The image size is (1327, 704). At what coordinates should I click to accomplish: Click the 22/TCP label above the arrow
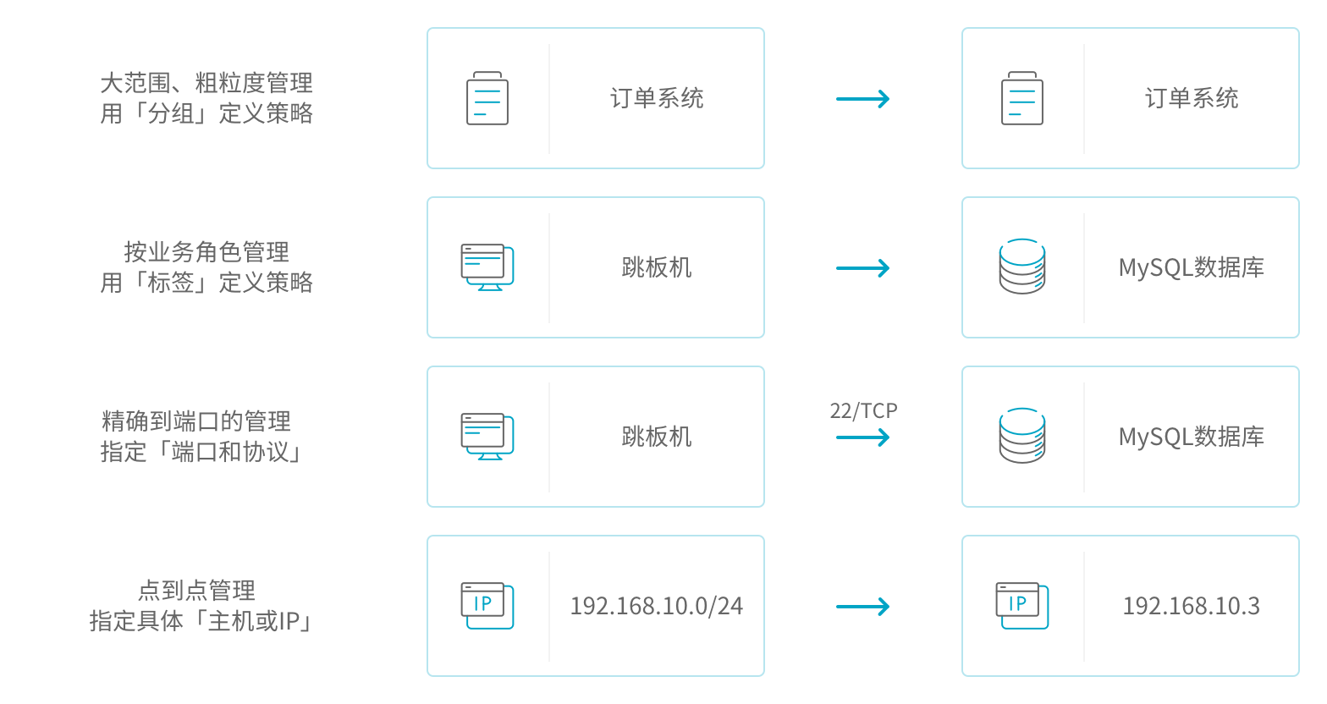(863, 411)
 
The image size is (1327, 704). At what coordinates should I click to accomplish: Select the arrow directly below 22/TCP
(863, 437)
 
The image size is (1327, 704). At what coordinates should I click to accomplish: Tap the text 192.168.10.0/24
(656, 606)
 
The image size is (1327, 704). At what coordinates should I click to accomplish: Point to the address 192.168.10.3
(1191, 606)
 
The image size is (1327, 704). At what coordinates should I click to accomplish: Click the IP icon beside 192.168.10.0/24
(487, 605)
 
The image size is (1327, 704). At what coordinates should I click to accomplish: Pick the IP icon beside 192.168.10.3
(1021, 605)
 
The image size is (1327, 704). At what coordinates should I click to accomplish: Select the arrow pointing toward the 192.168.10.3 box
(863, 607)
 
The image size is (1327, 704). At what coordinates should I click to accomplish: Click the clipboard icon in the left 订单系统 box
(487, 98)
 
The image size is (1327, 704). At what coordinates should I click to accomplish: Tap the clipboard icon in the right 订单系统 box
(1022, 98)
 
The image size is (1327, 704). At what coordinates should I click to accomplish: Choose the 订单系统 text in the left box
(657, 98)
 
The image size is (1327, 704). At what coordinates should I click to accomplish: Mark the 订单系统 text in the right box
(1192, 98)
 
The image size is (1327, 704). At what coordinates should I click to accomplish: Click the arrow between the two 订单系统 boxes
(863, 99)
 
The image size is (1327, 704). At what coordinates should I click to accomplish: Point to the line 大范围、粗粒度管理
(206, 83)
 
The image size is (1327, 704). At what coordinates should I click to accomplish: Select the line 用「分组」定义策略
(206, 113)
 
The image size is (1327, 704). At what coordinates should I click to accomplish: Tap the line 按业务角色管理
(206, 252)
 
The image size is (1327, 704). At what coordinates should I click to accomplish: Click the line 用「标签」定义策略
(206, 283)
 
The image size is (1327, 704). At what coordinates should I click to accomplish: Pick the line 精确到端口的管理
(196, 421)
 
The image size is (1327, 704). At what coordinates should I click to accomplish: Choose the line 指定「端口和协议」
(201, 452)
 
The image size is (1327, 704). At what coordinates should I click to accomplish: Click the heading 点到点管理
(196, 591)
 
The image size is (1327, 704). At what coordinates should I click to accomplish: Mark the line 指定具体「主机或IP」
(201, 621)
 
